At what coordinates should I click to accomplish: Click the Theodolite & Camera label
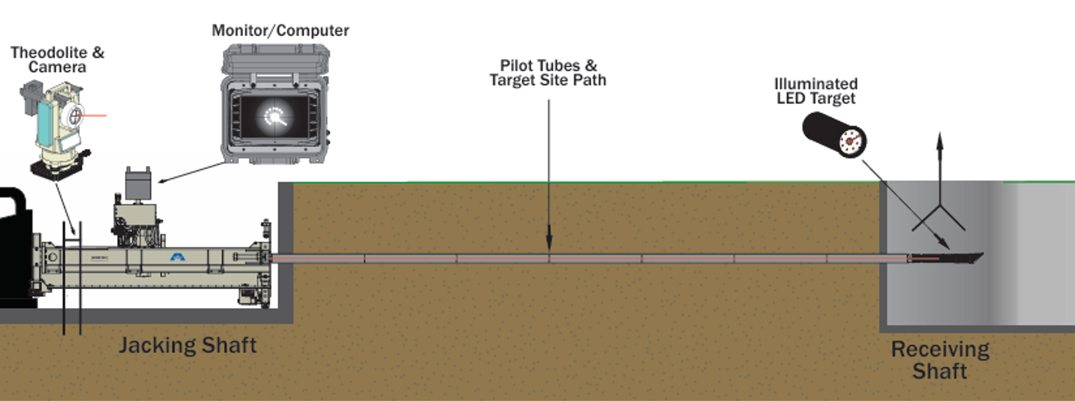(x=57, y=60)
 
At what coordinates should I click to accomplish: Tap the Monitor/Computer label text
(x=280, y=30)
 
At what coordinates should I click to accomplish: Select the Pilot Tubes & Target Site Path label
(x=548, y=73)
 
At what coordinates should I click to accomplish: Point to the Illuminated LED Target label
(x=816, y=91)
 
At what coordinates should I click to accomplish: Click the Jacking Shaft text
(x=187, y=346)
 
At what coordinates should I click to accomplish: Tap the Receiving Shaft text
(x=940, y=360)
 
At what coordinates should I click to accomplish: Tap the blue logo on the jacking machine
(x=177, y=257)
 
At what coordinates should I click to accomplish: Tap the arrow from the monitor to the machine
(x=193, y=172)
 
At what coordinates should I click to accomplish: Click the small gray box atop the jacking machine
(x=138, y=184)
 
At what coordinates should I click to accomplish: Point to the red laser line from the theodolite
(x=94, y=116)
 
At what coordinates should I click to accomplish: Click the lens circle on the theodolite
(x=75, y=116)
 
